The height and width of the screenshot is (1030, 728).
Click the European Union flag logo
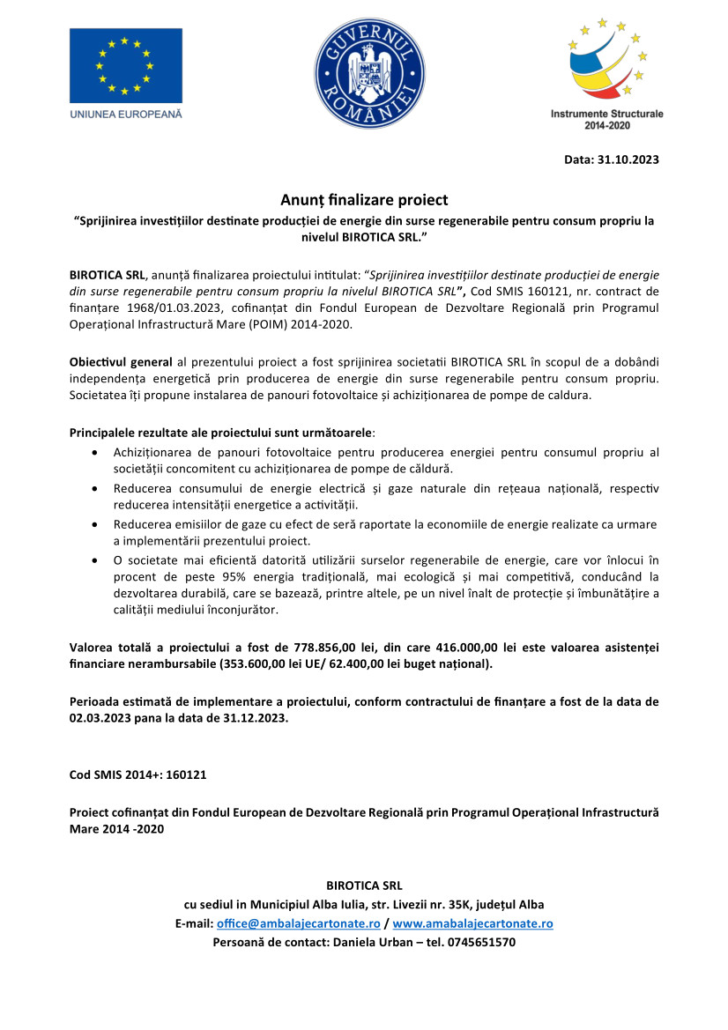[126, 65]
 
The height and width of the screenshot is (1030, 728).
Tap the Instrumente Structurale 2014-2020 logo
[607, 71]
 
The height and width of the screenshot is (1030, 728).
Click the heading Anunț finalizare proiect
[364, 200]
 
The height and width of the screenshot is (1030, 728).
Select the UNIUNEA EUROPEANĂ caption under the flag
[125, 114]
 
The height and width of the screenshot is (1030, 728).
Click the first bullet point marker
[95, 452]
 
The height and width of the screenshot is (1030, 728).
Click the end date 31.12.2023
[248, 717]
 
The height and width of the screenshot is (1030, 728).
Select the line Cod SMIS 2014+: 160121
[138, 775]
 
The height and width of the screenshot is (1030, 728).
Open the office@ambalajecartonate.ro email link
[299, 923]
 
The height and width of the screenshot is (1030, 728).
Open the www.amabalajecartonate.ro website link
[472, 923]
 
